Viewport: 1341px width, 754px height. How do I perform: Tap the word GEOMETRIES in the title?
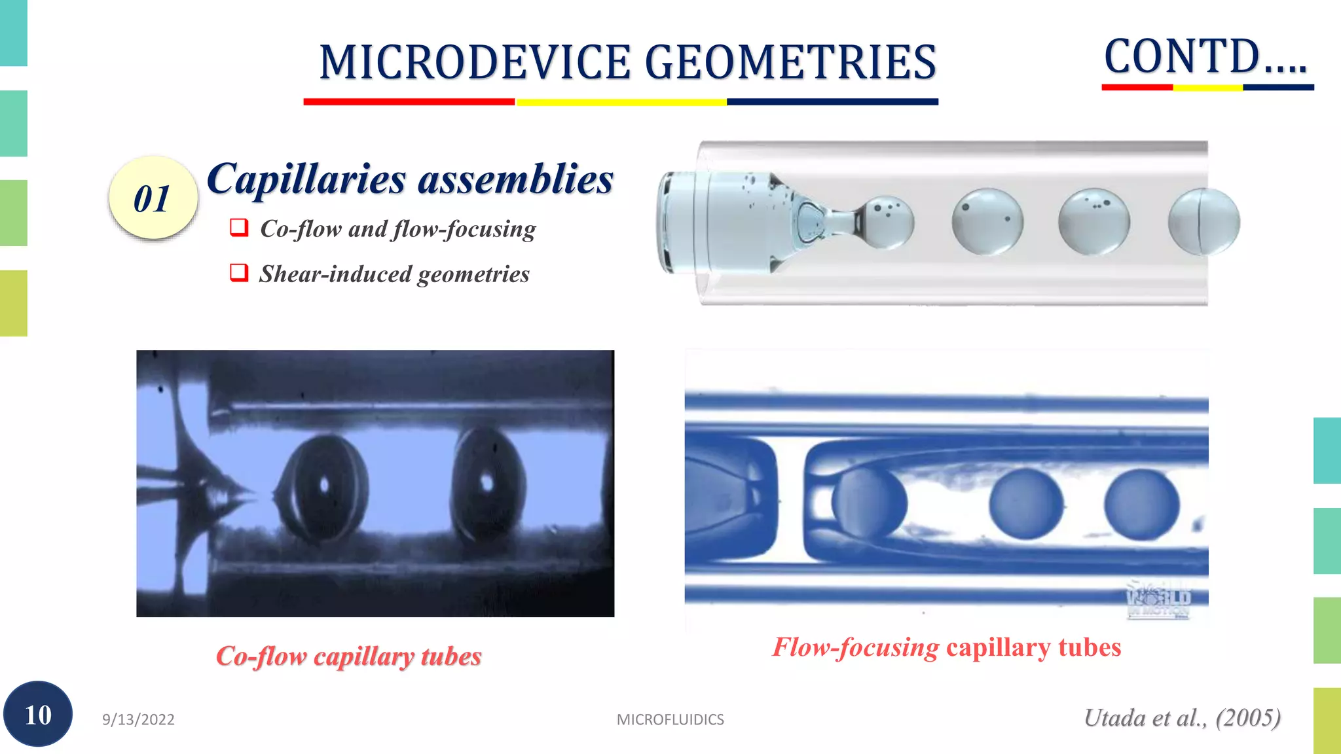coord(790,63)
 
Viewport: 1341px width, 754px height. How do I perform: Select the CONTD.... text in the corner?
coord(1205,57)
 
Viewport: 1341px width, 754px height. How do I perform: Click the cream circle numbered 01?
coord(153,198)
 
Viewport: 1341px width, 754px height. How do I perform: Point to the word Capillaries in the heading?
coord(306,179)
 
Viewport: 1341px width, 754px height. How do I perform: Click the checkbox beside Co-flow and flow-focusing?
coord(239,228)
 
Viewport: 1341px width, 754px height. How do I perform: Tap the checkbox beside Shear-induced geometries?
coord(239,272)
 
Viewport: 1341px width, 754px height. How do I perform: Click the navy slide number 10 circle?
coord(38,714)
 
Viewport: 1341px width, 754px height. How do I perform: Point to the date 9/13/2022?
coord(138,719)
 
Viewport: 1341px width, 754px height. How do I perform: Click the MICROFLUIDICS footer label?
coord(670,719)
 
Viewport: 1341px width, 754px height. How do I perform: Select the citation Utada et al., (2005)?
coord(1182,718)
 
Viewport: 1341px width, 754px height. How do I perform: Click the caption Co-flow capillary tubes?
coord(348,656)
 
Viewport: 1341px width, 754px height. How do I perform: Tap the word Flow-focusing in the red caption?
coord(856,647)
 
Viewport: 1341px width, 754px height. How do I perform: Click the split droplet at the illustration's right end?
coord(1203,221)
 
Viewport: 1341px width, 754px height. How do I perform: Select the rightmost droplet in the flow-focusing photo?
coord(1141,504)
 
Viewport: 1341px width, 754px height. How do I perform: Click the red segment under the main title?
coord(409,102)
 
